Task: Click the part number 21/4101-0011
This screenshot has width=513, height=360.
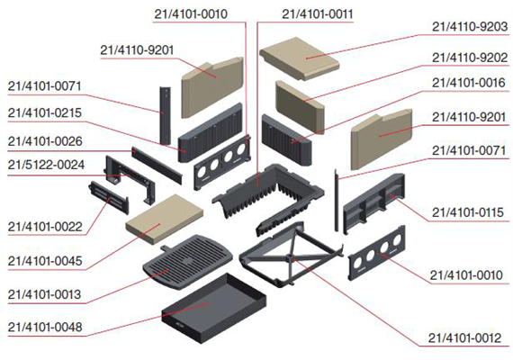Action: tap(318, 14)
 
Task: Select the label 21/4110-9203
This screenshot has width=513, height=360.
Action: tap(470, 26)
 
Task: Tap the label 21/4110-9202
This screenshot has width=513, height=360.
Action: tap(470, 58)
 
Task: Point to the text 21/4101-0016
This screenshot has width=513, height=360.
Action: tap(469, 83)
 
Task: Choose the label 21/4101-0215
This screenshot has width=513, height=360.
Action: tap(45, 112)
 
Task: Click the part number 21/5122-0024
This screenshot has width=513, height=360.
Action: tap(46, 165)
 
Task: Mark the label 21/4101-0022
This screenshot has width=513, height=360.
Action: tap(45, 227)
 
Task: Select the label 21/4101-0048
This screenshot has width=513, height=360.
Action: tap(45, 327)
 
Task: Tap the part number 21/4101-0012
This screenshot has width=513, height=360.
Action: tap(465, 337)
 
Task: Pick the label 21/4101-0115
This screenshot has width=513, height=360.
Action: tap(468, 212)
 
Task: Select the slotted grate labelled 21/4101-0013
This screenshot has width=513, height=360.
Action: tap(187, 262)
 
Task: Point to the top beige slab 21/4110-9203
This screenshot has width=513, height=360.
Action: tap(300, 58)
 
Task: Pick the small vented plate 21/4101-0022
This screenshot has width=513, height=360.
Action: tap(108, 198)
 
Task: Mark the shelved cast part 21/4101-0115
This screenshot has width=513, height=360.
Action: tap(374, 203)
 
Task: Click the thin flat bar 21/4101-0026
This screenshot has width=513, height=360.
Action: tap(157, 166)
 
